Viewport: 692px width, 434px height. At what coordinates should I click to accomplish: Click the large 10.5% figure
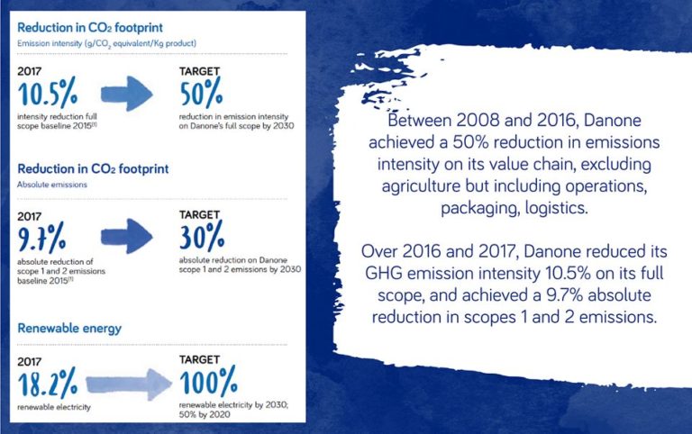coord(48,93)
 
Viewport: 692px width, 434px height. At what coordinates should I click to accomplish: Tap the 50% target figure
coord(201,92)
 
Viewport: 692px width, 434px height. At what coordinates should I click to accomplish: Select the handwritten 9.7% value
coord(42,238)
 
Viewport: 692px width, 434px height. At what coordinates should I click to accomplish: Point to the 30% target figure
coord(202,236)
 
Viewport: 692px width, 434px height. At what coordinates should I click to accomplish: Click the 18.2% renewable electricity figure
coord(48,383)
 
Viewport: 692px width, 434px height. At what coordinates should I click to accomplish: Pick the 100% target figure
coord(208,381)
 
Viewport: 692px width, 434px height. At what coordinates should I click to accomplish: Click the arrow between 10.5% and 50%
coord(127,94)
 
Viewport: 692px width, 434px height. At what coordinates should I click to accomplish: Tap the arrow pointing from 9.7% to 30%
coord(127,237)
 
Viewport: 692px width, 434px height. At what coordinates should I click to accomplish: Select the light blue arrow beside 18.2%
coord(129,384)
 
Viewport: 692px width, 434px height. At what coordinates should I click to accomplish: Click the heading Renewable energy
coord(69,329)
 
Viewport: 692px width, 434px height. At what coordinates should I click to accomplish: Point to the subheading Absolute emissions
coord(52,185)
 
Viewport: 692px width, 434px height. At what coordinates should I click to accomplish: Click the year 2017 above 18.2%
coord(29,362)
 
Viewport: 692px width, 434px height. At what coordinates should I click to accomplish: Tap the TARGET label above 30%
coord(199,215)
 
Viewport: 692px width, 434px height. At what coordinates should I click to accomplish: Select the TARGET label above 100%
coord(199,360)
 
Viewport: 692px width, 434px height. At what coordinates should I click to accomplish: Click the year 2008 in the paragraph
coord(478,121)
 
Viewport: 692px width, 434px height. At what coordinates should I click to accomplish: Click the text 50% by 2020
coord(205,414)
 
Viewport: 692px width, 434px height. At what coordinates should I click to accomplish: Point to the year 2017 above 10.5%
coord(29,71)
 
